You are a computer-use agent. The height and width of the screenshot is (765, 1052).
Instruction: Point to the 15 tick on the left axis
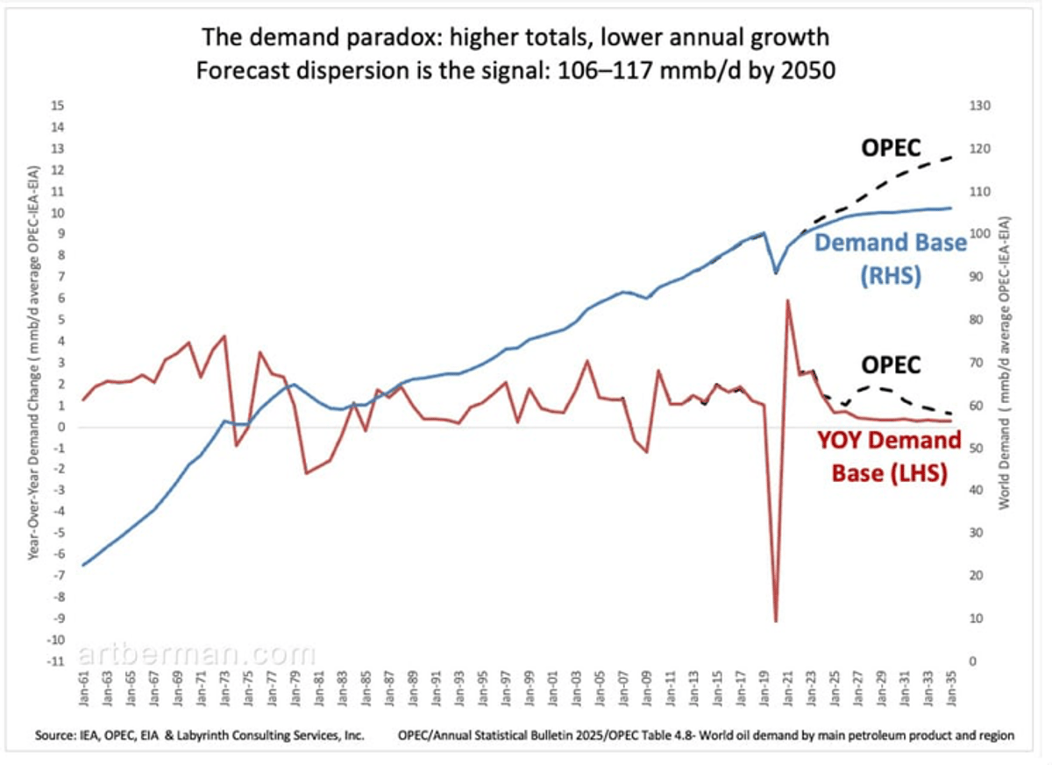[x=59, y=106]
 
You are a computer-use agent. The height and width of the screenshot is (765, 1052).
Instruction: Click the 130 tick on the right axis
[x=979, y=106]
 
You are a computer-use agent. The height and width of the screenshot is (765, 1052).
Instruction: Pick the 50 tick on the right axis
[x=976, y=448]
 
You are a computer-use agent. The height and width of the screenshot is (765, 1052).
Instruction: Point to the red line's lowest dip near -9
[x=776, y=620]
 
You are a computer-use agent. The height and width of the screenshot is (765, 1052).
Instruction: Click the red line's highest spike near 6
[x=788, y=301]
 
